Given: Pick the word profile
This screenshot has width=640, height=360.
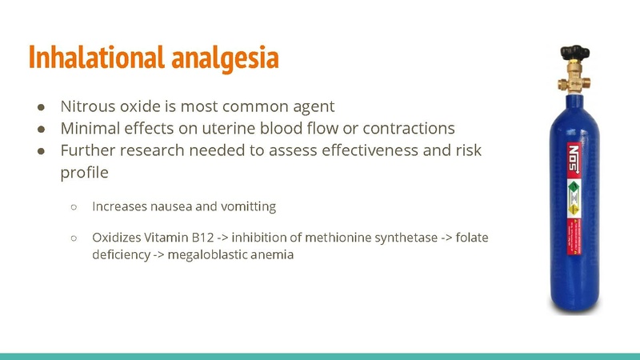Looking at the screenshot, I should (85, 172).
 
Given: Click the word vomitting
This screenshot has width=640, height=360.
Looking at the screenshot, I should (248, 206).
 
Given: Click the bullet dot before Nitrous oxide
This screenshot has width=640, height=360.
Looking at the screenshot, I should (40, 106).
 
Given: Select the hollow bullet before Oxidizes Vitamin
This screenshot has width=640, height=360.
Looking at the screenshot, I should (73, 238).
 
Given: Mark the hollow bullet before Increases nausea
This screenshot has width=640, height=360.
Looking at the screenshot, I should (73, 206).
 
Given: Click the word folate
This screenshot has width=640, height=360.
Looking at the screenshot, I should (471, 238).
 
